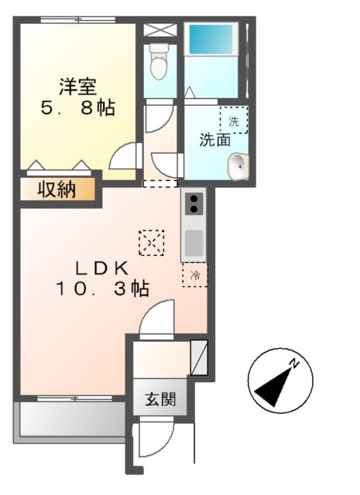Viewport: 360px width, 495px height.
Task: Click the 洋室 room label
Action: click(77, 84)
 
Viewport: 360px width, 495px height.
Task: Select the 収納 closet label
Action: click(58, 189)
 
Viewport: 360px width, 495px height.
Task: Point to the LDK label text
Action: click(101, 268)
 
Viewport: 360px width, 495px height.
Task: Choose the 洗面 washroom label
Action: click(215, 140)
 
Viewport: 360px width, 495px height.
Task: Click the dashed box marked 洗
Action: click(233, 120)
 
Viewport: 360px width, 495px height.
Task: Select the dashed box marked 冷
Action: click(195, 275)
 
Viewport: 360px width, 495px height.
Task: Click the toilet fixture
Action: click(159, 61)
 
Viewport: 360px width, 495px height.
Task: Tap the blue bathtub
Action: click(212, 39)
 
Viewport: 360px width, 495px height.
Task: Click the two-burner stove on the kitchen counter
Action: click(193, 204)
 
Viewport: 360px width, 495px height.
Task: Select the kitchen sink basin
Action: click(193, 243)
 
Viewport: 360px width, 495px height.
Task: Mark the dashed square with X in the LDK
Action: click(151, 243)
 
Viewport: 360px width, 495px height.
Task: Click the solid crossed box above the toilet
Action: click(160, 30)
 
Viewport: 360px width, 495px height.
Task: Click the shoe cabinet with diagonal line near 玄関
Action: click(198, 357)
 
